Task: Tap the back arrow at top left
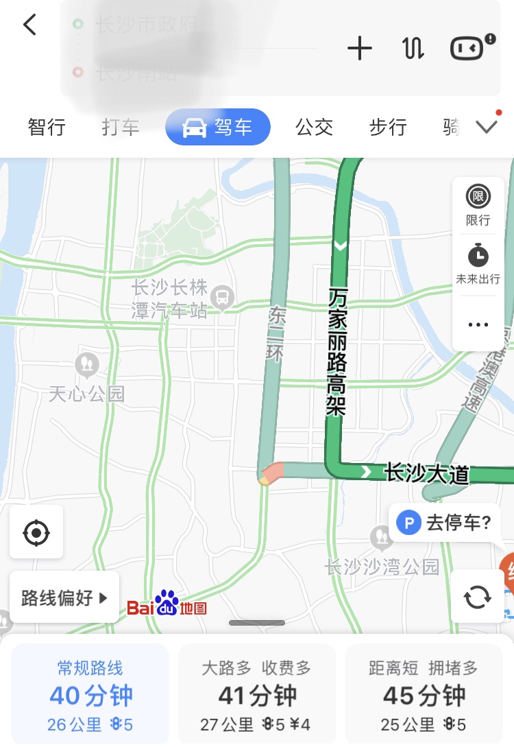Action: [x=29, y=25]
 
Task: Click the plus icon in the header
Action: [x=360, y=48]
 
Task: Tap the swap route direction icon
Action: [x=413, y=48]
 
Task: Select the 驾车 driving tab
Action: [x=218, y=127]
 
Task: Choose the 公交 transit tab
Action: [x=314, y=127]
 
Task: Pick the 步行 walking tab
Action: [x=388, y=127]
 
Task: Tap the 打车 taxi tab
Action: [x=121, y=127]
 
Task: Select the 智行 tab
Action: [x=47, y=127]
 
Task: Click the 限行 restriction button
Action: [x=478, y=204]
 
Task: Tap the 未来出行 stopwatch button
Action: [x=478, y=263]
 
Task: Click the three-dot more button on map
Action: [x=478, y=324]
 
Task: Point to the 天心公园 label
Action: [x=86, y=393]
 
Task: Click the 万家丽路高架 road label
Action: [x=337, y=351]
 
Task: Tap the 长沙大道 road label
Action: [x=426, y=473]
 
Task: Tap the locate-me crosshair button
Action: [x=36, y=532]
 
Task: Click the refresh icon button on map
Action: [x=477, y=597]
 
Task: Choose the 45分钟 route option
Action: [x=424, y=693]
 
